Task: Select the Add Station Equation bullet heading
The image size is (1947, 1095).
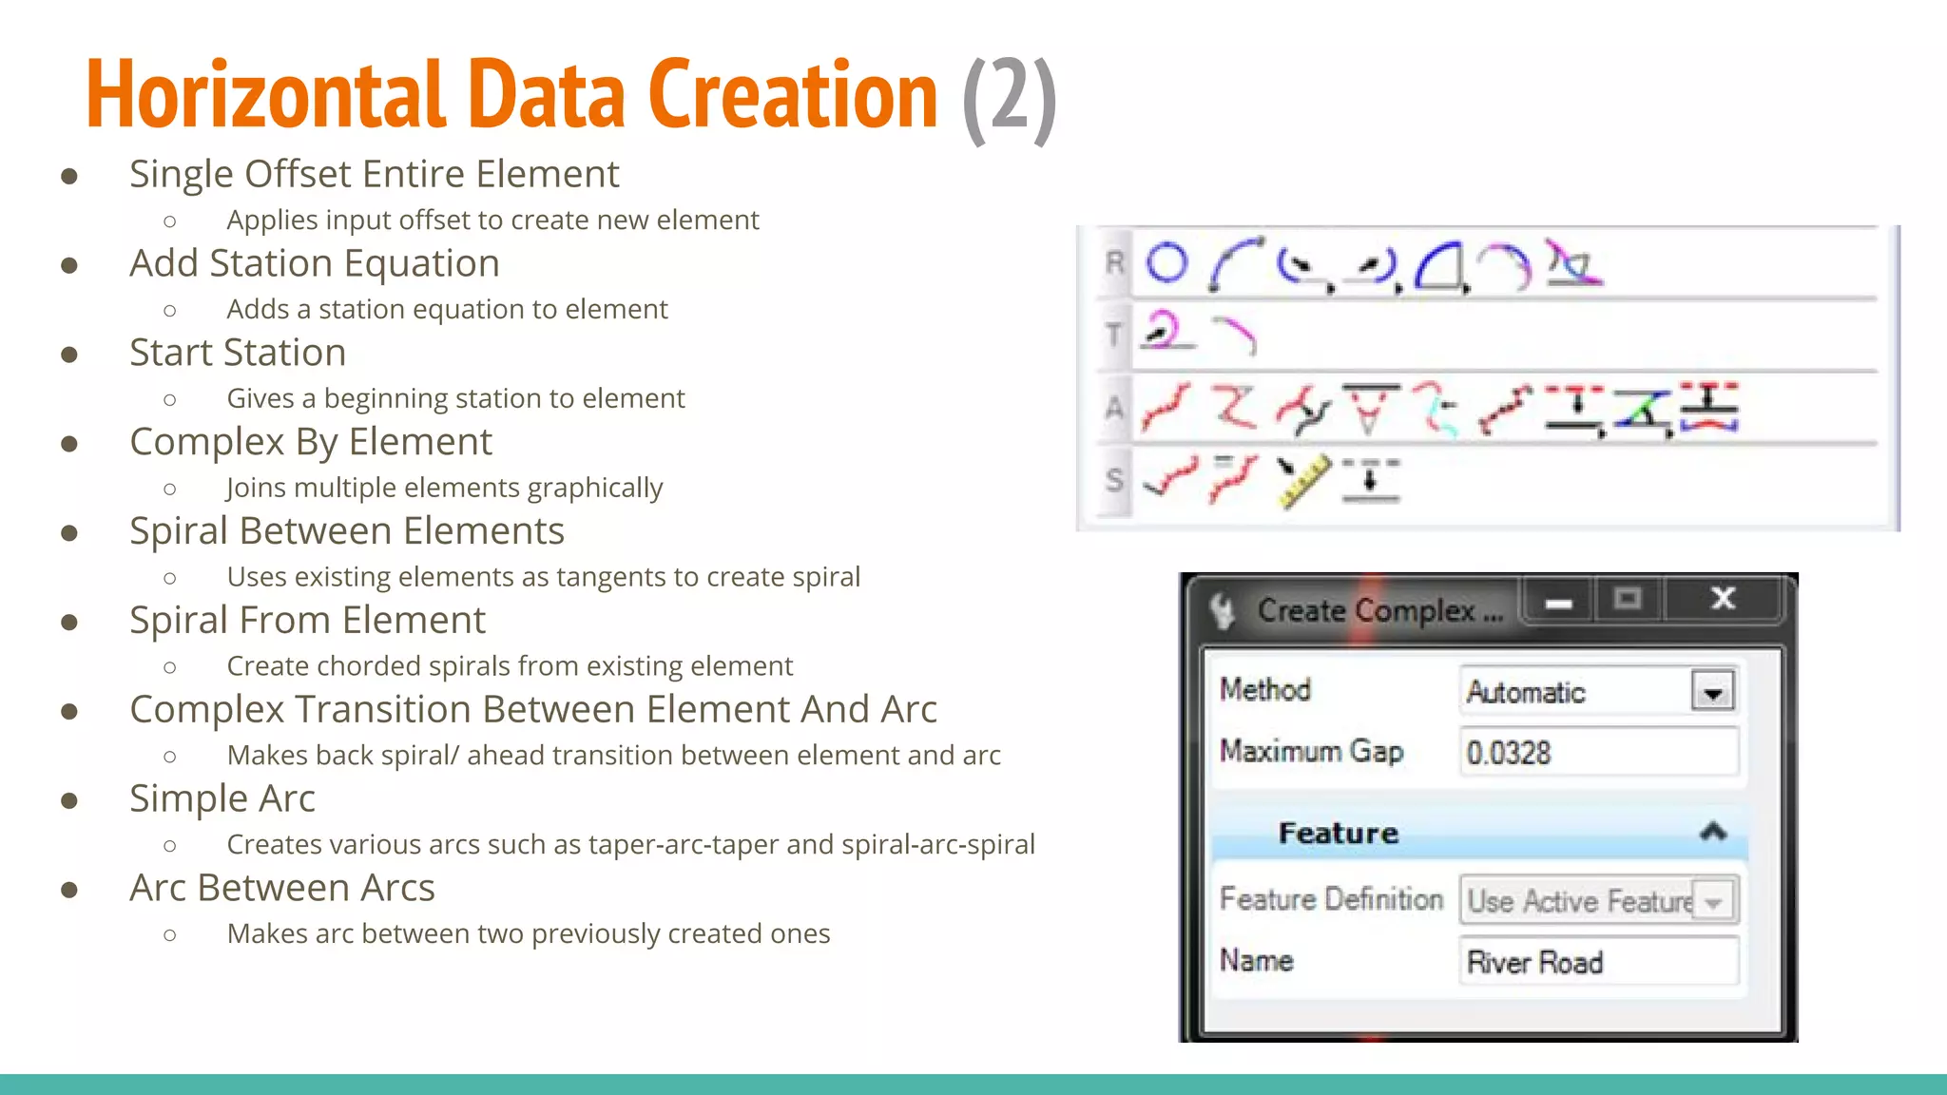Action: click(x=315, y=263)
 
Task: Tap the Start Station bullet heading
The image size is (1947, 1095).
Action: click(x=238, y=353)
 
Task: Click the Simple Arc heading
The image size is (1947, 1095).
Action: click(x=222, y=798)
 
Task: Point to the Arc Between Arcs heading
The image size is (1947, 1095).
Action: click(x=282, y=888)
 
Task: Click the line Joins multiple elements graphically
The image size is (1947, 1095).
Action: click(x=444, y=488)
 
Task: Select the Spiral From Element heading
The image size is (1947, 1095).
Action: click(x=307, y=621)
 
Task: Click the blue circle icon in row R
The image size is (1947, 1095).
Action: click(x=1166, y=263)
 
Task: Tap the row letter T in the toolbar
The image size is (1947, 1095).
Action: click(x=1113, y=335)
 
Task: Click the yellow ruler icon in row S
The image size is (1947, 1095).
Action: click(x=1301, y=481)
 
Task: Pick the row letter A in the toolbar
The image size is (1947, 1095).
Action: click(x=1114, y=408)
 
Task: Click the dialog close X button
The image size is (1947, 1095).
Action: click(x=1723, y=599)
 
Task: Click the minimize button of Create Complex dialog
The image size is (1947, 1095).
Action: click(x=1558, y=603)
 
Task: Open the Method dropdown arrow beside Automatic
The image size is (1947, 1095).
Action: click(x=1712, y=692)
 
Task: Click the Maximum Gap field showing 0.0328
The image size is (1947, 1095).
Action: click(x=1598, y=753)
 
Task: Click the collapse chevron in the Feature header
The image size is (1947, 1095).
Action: click(x=1712, y=833)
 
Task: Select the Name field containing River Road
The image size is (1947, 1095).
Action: click(x=1598, y=962)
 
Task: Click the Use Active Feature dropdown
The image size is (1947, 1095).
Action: click(x=1598, y=900)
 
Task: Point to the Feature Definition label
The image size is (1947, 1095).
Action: click(x=1331, y=899)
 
